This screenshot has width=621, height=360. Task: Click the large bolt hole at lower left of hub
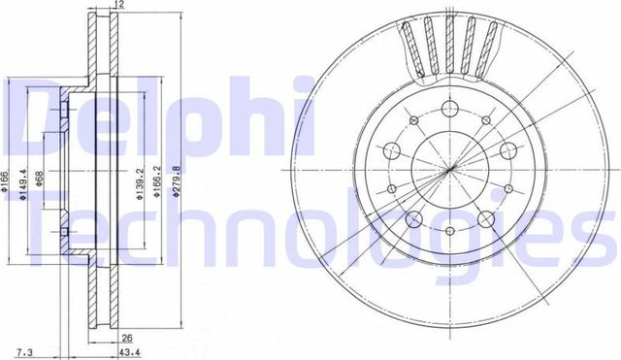coord(413,218)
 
